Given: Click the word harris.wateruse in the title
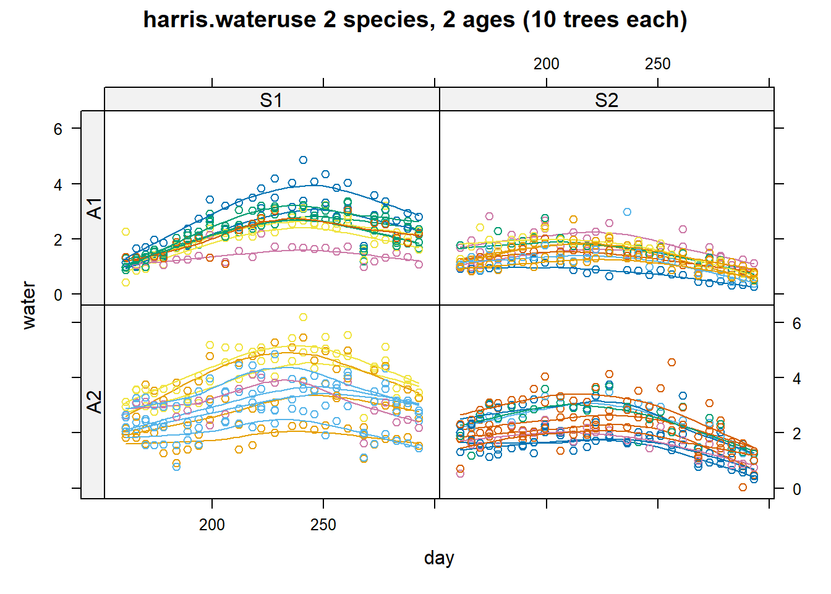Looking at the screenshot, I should (x=229, y=20).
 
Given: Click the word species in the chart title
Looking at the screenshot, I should (x=387, y=20).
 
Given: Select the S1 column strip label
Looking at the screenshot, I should (x=271, y=100).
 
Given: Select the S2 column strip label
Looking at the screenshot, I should (x=607, y=100).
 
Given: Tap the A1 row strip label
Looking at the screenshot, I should (x=93, y=208).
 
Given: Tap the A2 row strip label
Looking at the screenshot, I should (x=93, y=402).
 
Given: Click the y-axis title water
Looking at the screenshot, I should (x=28, y=305).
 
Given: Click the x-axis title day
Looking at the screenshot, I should (x=439, y=557).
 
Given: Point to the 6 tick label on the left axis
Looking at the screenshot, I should (x=58, y=129).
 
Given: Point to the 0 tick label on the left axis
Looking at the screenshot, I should (x=58, y=295).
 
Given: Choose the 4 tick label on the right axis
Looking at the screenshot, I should (x=797, y=378).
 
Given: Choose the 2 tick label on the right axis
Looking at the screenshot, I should (x=797, y=434).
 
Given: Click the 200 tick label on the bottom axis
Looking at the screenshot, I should (x=212, y=525).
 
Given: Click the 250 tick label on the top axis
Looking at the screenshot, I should (x=657, y=64).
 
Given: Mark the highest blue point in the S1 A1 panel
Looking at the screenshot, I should (x=303, y=160).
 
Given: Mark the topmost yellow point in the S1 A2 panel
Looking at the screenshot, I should (x=303, y=317).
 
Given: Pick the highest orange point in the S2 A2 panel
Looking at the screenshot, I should (x=671, y=362).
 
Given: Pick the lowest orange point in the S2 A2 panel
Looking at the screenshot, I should (x=743, y=487).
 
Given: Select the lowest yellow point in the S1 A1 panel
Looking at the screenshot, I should (x=126, y=282).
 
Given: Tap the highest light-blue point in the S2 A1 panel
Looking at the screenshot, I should (x=627, y=212).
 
